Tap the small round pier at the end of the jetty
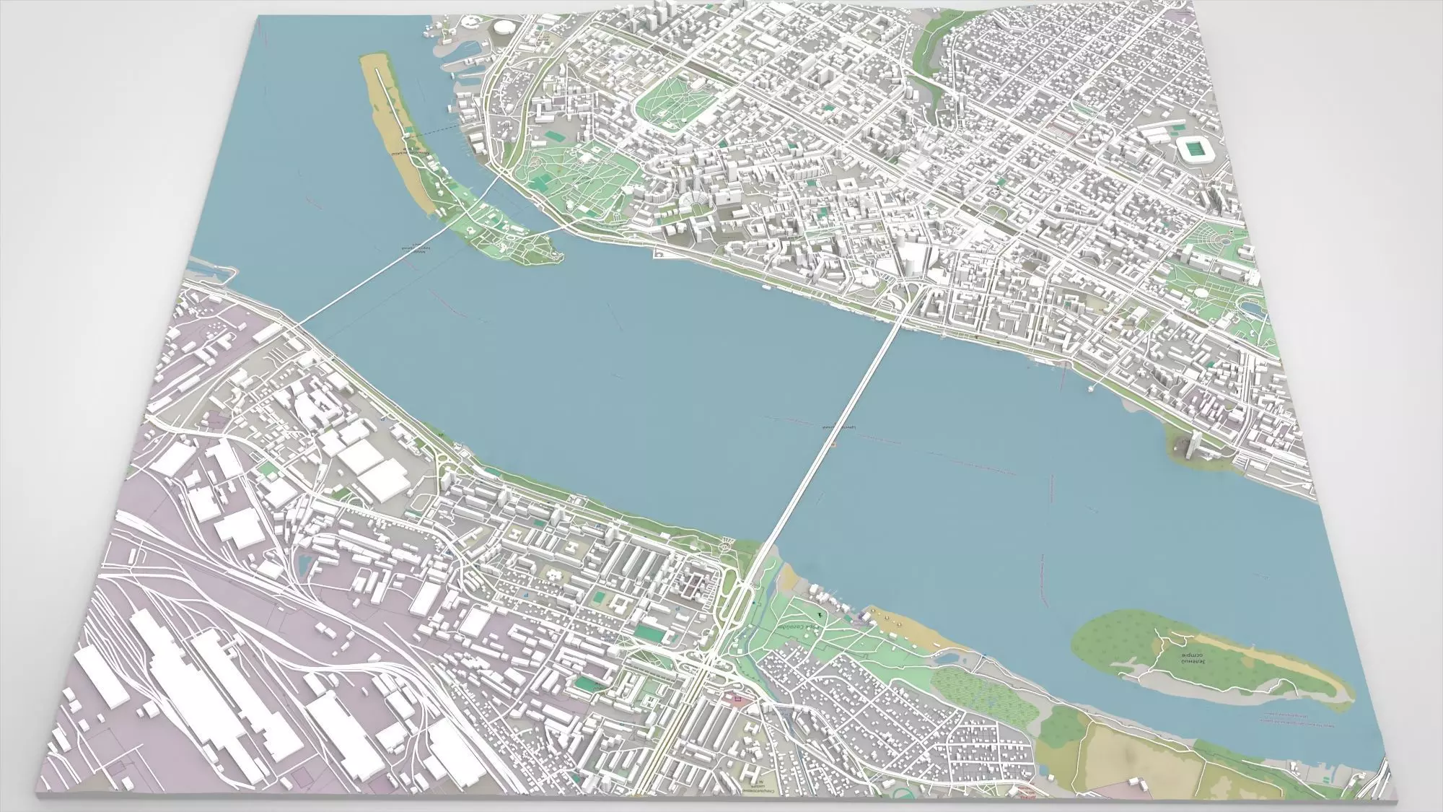[x=1089, y=389]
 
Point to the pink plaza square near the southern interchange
[x=738, y=698]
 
